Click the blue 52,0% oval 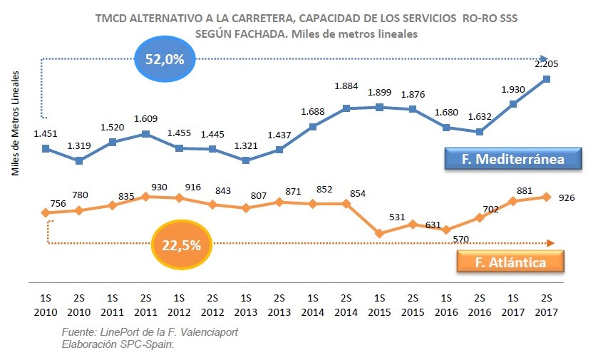pyautogui.click(x=165, y=59)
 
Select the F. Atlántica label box pyautogui.click(x=510, y=262)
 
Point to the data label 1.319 pyautogui.click(x=79, y=146)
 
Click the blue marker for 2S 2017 pyautogui.click(x=547, y=79)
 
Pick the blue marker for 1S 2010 pyautogui.click(x=46, y=148)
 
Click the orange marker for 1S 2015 pyautogui.click(x=379, y=233)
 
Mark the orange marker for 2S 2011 pyautogui.click(x=145, y=196)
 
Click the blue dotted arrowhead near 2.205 pyautogui.click(x=544, y=59)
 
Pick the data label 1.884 pyautogui.click(x=346, y=87)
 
